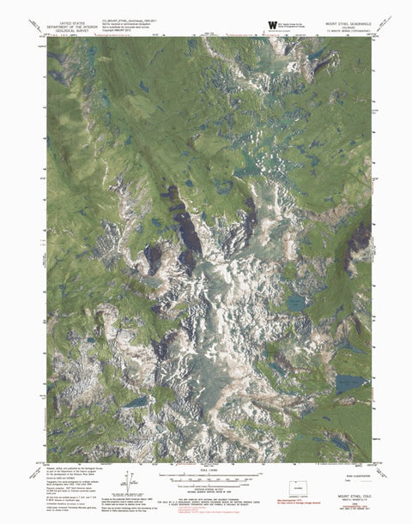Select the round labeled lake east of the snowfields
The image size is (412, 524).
295,302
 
